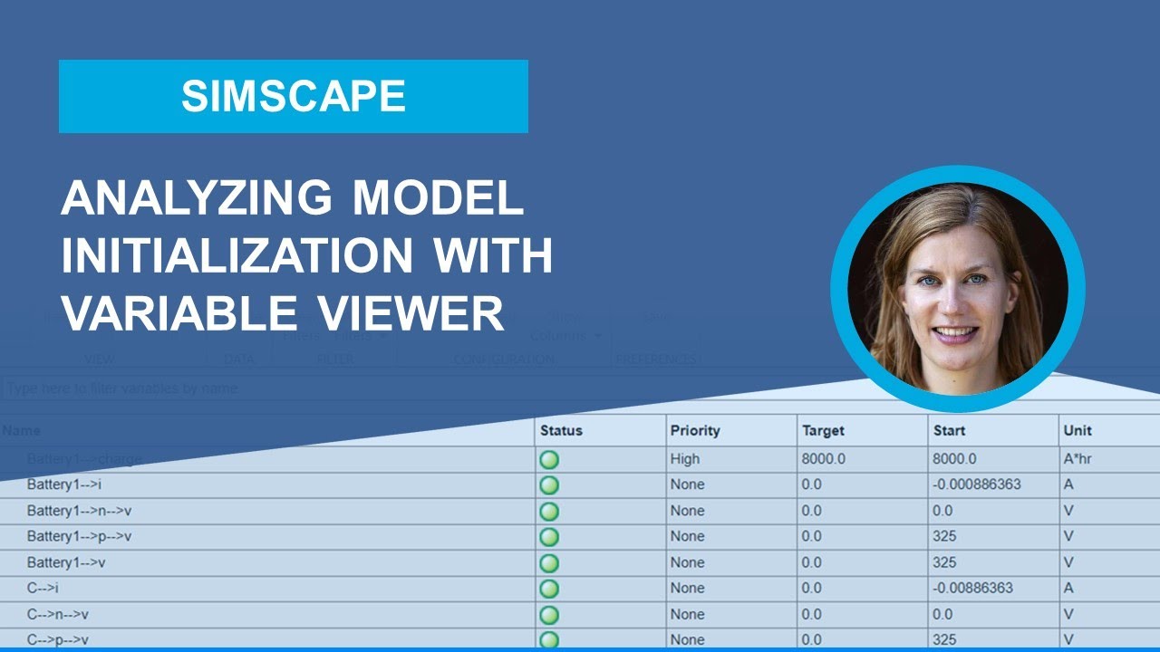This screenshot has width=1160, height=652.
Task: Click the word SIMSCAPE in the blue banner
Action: point(293,96)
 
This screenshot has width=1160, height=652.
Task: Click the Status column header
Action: point(561,430)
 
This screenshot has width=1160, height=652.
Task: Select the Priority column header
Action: point(694,430)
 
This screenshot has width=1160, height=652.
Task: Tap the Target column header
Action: point(824,430)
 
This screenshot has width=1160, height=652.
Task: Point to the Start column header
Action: point(949,430)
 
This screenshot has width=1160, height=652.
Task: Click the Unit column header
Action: point(1078,430)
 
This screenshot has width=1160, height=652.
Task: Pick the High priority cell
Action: point(685,459)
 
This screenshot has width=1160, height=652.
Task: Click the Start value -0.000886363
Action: point(976,484)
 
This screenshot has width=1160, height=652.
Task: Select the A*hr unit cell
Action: point(1078,459)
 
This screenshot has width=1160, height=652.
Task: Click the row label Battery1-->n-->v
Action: point(80,511)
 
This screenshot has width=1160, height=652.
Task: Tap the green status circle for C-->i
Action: point(549,589)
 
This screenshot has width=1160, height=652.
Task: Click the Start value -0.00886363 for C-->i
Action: point(972,588)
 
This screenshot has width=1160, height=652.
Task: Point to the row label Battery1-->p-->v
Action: point(80,536)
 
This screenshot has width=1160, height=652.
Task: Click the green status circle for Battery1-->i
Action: point(549,484)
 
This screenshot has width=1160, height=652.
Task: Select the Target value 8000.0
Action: point(823,459)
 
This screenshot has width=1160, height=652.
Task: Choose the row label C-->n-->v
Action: point(58,614)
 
